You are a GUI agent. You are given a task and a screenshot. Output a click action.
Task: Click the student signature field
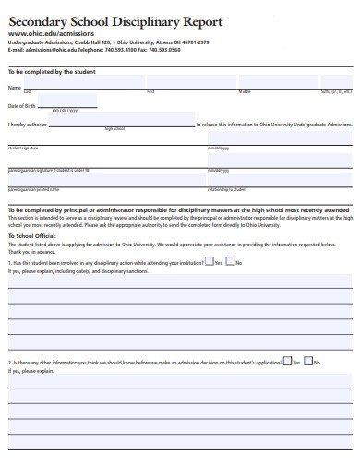tap(102, 140)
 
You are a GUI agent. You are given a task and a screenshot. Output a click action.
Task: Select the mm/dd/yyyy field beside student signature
tap(277, 140)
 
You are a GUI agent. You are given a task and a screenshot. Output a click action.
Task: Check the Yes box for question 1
tap(210, 261)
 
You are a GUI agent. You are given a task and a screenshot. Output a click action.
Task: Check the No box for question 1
tap(231, 261)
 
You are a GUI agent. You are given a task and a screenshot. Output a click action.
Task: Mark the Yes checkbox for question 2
tap(288, 361)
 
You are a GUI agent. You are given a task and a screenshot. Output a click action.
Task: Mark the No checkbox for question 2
tap(309, 361)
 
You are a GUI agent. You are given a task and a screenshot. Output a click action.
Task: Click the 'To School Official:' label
tap(32, 236)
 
